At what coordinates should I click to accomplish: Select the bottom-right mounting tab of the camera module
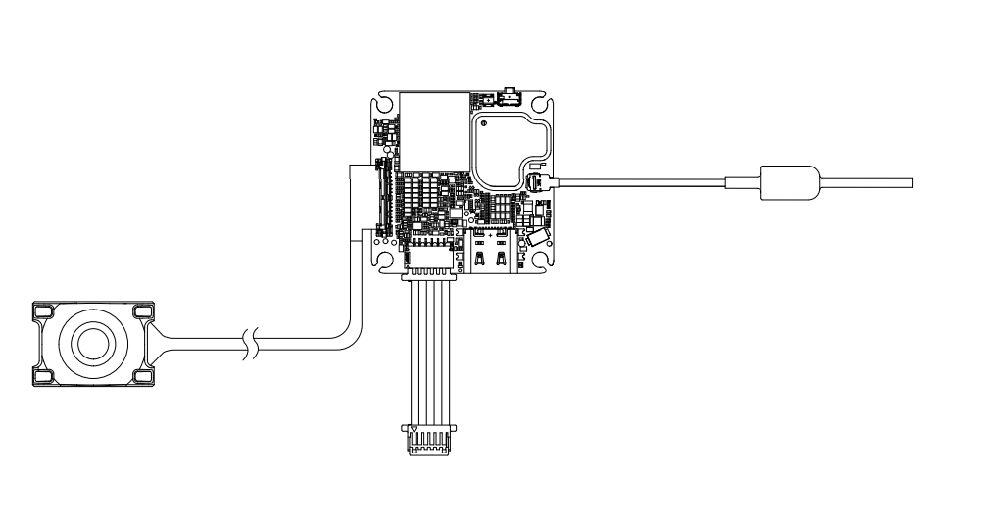tap(142, 375)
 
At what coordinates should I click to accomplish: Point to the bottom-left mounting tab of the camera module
tap(44, 375)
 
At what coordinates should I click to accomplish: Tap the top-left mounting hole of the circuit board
tap(385, 103)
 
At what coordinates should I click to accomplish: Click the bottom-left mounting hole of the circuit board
tap(385, 260)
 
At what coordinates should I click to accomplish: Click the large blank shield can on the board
tap(432, 126)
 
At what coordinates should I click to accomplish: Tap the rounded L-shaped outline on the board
tap(509, 147)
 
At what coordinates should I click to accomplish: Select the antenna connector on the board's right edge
tap(536, 182)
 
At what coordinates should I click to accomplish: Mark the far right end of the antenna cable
tap(909, 182)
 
